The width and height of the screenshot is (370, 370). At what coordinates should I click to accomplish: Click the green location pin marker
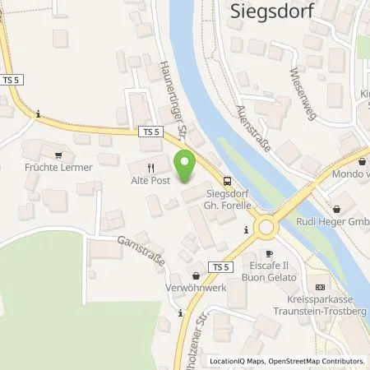(186, 168)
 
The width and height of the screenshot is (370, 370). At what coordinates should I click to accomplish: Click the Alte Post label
(150, 182)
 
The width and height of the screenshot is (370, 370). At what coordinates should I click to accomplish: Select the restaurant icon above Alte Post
(150, 166)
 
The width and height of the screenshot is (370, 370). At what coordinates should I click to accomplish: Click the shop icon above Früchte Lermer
(58, 154)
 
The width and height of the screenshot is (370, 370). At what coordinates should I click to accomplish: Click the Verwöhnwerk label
(195, 289)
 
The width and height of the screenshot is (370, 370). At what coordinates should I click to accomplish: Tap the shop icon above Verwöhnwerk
(196, 276)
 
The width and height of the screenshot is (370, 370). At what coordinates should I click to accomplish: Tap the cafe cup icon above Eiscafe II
(268, 254)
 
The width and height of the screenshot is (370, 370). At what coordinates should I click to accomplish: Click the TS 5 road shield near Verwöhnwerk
(218, 267)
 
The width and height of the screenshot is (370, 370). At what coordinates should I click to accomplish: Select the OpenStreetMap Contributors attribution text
(317, 361)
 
